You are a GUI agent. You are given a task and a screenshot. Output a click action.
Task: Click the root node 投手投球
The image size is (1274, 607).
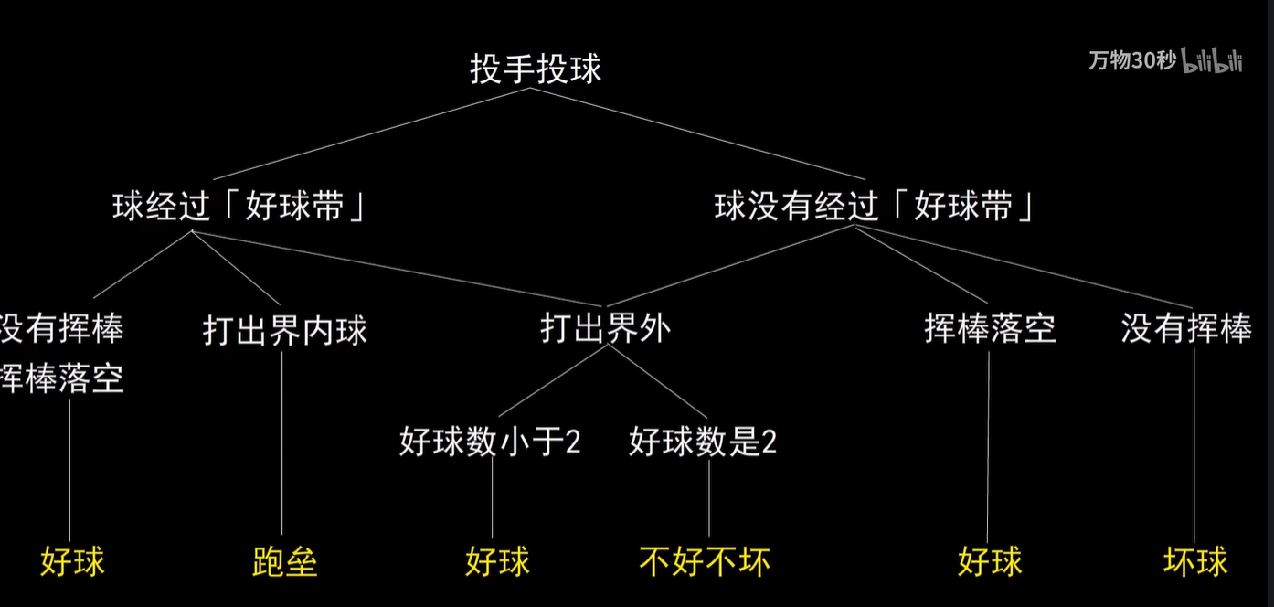(536, 69)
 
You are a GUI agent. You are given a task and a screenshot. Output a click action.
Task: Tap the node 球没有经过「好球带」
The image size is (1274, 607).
(875, 207)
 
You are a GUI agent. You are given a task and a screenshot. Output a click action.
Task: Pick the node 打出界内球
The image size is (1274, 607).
(284, 330)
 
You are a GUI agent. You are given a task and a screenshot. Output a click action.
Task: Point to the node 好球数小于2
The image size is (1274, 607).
(490, 442)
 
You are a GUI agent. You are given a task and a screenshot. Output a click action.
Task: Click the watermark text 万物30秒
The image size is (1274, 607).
(1131, 60)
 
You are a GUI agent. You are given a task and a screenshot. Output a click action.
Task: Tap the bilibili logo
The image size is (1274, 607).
(1213, 60)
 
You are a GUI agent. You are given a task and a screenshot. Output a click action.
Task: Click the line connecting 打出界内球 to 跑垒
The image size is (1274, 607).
(282, 439)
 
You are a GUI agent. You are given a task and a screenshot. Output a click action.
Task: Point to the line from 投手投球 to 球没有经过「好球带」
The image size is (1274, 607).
(713, 133)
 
